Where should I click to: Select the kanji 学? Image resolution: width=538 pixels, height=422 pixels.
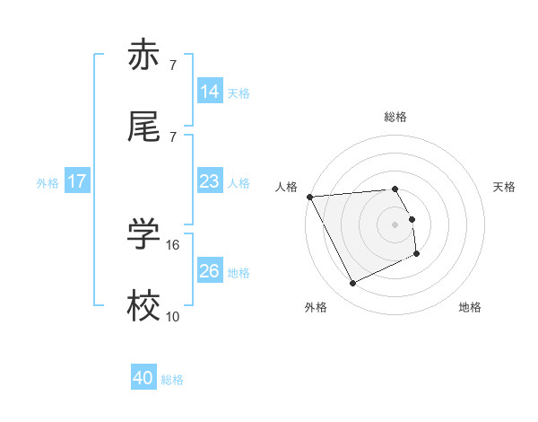click(143, 235)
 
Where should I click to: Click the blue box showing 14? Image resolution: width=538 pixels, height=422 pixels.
click(210, 91)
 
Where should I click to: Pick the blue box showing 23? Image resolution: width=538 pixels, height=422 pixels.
click(210, 181)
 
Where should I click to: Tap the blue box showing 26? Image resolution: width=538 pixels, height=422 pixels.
click(210, 271)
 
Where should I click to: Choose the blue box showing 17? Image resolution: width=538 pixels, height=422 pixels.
click(77, 181)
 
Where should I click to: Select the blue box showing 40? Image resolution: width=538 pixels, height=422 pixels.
click(143, 378)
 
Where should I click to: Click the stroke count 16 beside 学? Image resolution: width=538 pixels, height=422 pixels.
click(174, 243)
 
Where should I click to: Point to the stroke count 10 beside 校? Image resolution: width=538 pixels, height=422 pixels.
click(173, 315)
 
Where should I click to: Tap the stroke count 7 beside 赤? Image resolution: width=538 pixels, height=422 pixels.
click(172, 65)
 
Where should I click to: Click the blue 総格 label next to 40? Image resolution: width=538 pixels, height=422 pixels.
click(173, 380)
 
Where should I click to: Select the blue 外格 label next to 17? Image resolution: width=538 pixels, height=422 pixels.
click(48, 183)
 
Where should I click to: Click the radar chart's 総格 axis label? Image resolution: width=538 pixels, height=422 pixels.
click(395, 117)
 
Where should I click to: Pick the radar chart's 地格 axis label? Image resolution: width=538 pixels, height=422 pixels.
click(470, 307)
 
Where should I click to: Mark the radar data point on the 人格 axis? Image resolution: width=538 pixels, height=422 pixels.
click(309, 197)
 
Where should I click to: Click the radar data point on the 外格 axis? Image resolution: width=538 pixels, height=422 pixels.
click(352, 284)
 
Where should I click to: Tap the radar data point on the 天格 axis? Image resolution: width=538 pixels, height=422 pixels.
click(412, 219)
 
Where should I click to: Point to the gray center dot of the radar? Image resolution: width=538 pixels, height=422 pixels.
click(395, 224)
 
